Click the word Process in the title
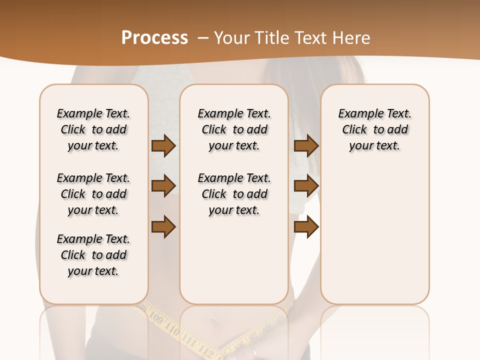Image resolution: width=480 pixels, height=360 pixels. [x=154, y=37]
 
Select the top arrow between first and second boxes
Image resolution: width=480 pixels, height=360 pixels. [x=163, y=145]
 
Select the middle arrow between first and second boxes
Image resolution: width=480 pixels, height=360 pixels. [x=163, y=186]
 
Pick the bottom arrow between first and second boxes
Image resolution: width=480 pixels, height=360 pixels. [x=163, y=226]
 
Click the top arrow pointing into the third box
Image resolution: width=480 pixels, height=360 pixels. [x=306, y=145]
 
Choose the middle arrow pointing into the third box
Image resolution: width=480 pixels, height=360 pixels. [x=306, y=186]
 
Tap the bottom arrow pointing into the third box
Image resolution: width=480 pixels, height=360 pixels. [x=306, y=226]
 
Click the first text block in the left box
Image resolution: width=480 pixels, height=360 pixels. [x=93, y=129]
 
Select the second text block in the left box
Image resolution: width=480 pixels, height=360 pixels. [x=93, y=194]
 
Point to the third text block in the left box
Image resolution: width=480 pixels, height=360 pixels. [x=93, y=255]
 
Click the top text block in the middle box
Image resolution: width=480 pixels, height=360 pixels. [x=234, y=129]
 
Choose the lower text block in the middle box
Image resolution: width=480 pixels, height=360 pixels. [x=234, y=194]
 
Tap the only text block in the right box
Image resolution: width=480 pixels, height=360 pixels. [x=374, y=129]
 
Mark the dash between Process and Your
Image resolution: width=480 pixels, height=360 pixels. [x=203, y=38]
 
